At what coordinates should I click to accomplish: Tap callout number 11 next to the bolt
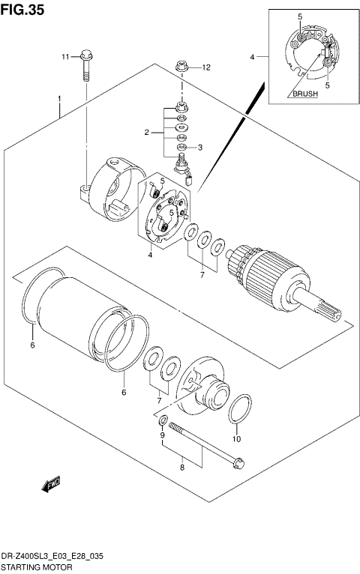pyautogui.click(x=65, y=56)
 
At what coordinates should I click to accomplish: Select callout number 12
pyautogui.click(x=206, y=67)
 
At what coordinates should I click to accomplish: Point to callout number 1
pyautogui.click(x=58, y=99)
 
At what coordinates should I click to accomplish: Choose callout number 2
pyautogui.click(x=148, y=133)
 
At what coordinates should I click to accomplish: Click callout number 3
pyautogui.click(x=200, y=147)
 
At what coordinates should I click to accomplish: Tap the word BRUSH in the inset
pyautogui.click(x=304, y=94)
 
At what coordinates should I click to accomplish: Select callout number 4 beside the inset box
pyautogui.click(x=253, y=56)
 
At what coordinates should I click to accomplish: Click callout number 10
pyautogui.click(x=237, y=438)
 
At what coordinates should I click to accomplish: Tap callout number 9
pyautogui.click(x=161, y=435)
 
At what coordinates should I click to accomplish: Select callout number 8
pyautogui.click(x=181, y=468)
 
